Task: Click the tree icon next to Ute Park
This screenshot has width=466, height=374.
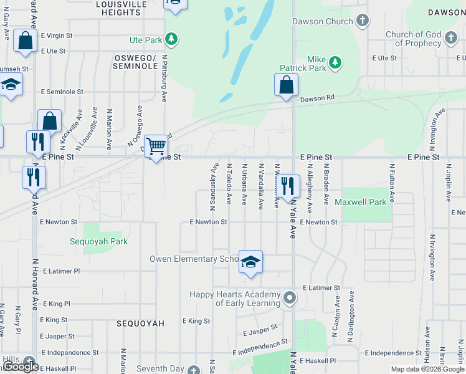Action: [x=171, y=40]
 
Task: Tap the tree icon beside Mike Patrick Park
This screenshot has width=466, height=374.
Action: [x=335, y=62]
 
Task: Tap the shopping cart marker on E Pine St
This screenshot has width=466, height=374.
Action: [x=156, y=147]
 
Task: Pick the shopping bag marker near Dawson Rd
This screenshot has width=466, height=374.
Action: [x=286, y=85]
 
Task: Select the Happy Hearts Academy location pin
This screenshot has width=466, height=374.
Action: [x=288, y=297]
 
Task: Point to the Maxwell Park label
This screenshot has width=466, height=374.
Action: [x=360, y=203]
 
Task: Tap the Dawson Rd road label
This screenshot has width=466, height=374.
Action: [x=317, y=98]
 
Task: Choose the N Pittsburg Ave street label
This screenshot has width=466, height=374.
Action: [x=164, y=78]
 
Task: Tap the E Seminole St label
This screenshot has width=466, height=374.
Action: [x=62, y=92]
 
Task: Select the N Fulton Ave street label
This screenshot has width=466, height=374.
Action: [x=392, y=183]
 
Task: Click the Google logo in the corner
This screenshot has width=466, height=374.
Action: [x=21, y=367]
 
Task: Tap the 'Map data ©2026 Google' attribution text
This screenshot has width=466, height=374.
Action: [x=427, y=369]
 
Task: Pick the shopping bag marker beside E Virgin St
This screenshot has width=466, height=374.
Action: [x=25, y=42]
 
